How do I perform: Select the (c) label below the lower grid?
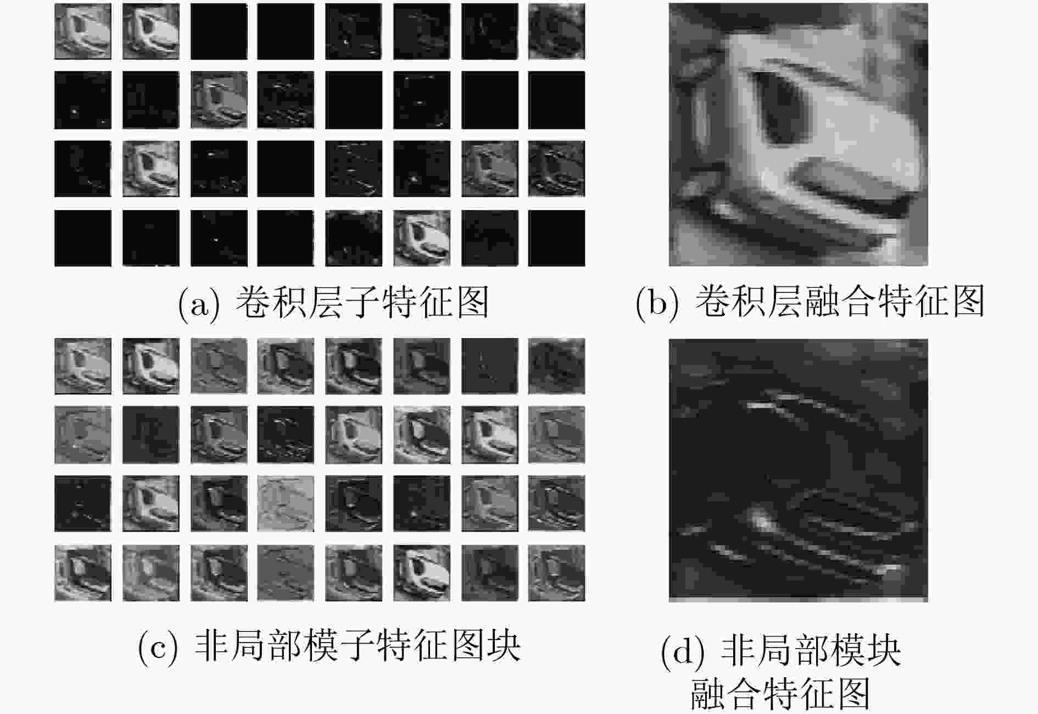click(158, 646)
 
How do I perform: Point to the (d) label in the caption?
click(683, 652)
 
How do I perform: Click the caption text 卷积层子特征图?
click(362, 303)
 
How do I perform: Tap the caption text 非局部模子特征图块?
click(358, 645)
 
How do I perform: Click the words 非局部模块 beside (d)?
click(811, 651)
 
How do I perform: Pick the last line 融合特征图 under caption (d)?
click(781, 694)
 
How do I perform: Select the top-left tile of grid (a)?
click(83, 32)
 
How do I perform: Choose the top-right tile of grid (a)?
click(556, 32)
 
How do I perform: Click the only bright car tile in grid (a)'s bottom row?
click(422, 239)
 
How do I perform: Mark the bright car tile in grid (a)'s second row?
click(219, 100)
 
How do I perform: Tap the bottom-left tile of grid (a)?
click(83, 239)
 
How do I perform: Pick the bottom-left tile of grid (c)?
click(83, 573)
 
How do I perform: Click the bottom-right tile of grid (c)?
click(556, 573)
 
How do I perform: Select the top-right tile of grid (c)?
click(556, 366)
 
